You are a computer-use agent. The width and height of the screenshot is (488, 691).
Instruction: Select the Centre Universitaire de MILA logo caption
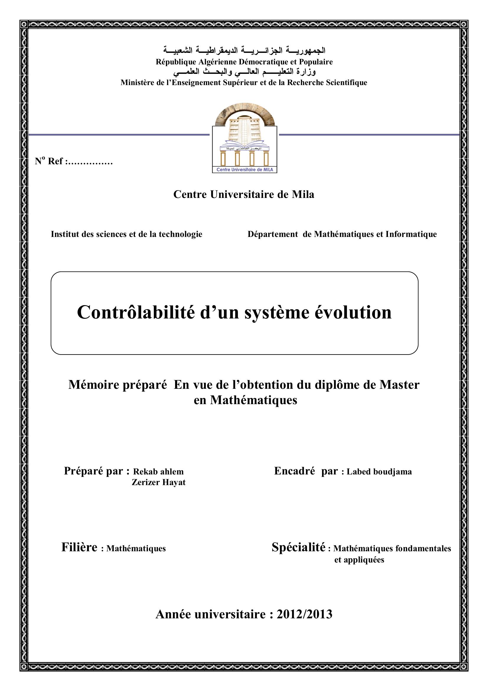point(244,170)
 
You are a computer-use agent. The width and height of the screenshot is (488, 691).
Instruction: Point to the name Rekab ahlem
point(158,471)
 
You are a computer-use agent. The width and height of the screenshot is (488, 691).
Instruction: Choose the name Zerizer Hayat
point(159,482)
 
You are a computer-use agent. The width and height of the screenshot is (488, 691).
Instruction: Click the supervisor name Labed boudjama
point(379,471)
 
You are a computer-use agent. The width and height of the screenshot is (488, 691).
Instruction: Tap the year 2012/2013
point(304,614)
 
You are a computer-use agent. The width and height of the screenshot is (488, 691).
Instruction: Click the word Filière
point(79,547)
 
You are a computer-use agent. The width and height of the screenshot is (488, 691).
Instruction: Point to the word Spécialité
point(298,547)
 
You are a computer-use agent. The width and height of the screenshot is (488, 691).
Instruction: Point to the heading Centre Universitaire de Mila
point(244,194)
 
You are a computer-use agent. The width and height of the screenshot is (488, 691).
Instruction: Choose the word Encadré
point(294,471)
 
